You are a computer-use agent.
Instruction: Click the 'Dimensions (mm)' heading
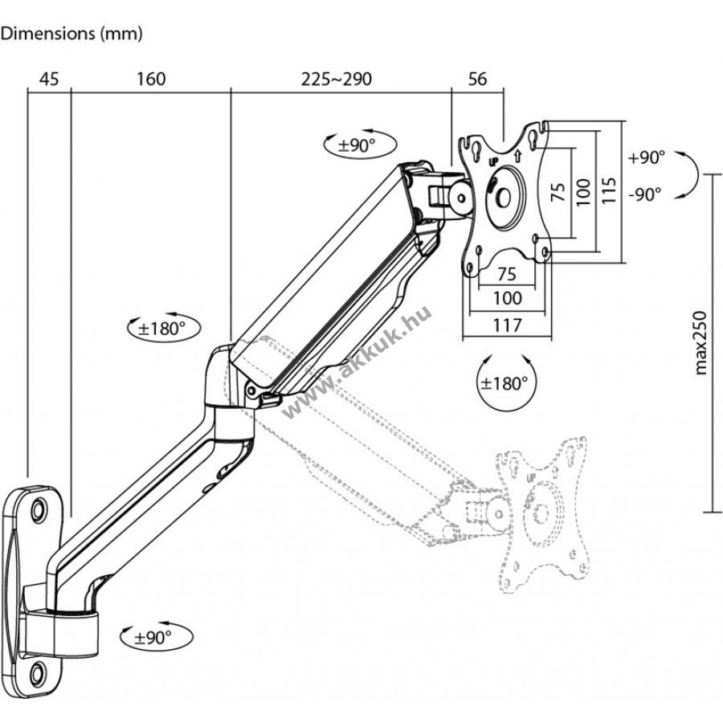point(71,34)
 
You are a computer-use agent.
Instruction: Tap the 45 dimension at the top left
point(49,79)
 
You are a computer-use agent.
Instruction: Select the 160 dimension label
point(151,79)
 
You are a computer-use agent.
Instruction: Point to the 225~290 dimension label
point(337,79)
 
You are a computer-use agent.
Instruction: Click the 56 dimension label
point(477,79)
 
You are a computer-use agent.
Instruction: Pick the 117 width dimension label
point(506,325)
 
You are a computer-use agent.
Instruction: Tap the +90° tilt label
point(647,158)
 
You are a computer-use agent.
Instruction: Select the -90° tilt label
point(646,194)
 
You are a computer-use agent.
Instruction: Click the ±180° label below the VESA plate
point(504,383)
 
